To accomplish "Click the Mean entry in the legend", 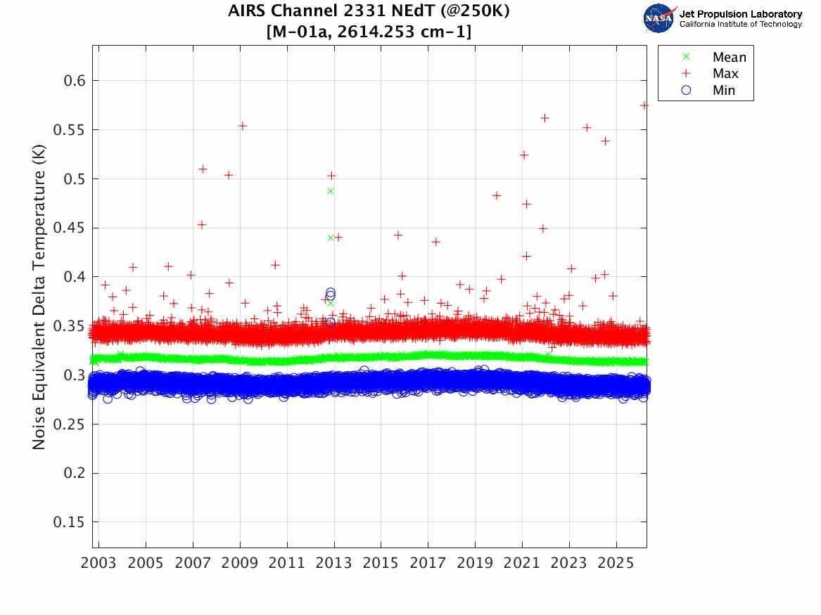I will point(729,58).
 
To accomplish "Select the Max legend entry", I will point(725,74).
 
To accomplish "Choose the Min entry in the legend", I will point(723,91).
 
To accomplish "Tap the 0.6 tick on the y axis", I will point(71,81).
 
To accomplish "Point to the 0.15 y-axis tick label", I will point(68,522).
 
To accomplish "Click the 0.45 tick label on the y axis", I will point(68,228).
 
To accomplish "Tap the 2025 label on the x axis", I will point(616,564).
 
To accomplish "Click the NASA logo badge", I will point(659,18).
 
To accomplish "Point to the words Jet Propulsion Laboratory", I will point(740,14).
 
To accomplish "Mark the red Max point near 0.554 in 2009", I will point(242,126).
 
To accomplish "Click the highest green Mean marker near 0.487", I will point(331,190).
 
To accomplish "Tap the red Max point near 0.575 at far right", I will point(644,105).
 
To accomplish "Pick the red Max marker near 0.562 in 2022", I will point(545,118).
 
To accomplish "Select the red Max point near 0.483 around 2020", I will point(496,195).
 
